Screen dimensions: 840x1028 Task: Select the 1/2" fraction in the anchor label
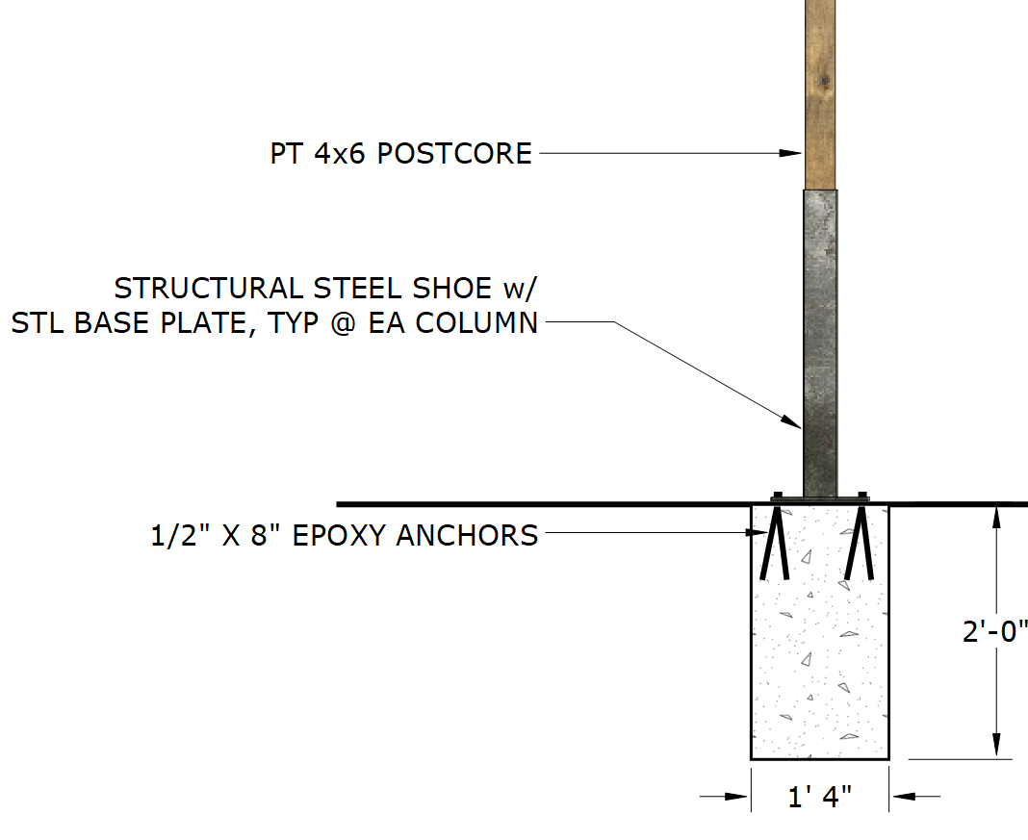pyautogui.click(x=180, y=535)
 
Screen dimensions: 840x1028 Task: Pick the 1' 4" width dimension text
pyautogui.click(x=820, y=799)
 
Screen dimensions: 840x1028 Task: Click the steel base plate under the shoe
pyautogui.click(x=820, y=496)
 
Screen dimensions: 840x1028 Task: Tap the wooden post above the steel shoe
pyautogui.click(x=820, y=96)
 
